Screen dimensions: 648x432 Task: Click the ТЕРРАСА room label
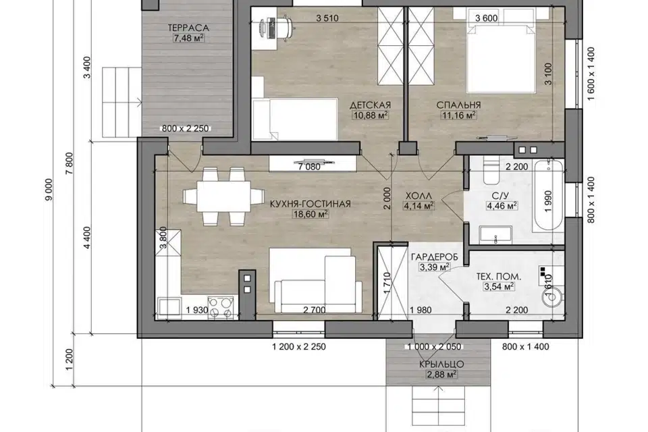point(188,28)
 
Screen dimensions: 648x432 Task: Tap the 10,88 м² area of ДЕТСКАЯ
point(371,115)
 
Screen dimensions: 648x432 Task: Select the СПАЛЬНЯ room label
point(459,105)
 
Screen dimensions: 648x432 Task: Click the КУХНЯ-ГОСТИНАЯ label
point(310,204)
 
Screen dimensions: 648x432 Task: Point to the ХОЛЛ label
point(418,195)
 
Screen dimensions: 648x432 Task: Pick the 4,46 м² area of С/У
point(502,205)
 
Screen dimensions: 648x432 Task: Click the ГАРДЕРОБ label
point(434,257)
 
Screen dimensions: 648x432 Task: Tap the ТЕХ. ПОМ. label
point(499,276)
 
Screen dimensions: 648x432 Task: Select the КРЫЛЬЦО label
point(441,364)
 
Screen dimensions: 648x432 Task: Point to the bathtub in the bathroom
point(548,196)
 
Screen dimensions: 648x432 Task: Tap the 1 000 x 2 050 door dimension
point(434,347)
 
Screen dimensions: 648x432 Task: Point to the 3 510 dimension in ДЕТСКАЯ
point(327,18)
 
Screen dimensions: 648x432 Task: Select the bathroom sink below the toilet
point(495,235)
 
